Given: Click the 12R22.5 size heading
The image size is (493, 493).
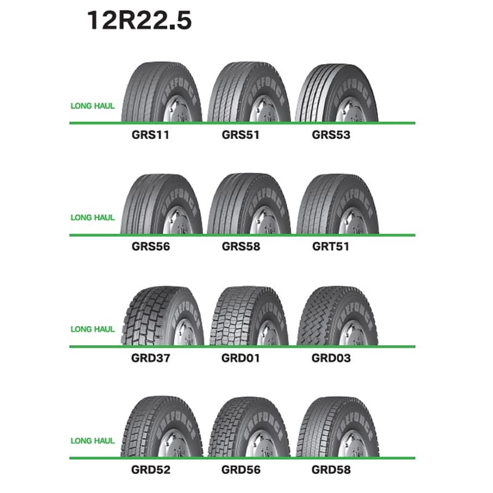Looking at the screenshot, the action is (139, 21).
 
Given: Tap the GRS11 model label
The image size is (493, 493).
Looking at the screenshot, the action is (150, 135).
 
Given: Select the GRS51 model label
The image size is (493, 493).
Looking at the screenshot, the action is (240, 135).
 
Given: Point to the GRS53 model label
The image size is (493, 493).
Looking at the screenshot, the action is (331, 135).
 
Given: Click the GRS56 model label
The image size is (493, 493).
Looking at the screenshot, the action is (150, 246).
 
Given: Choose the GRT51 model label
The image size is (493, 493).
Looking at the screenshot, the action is (331, 246).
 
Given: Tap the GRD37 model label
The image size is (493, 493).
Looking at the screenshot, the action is (150, 358).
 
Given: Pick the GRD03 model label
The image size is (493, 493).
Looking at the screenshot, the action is (331, 358).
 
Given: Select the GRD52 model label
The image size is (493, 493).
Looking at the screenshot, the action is (150, 470).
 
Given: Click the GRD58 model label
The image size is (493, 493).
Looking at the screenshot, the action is (331, 470).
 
